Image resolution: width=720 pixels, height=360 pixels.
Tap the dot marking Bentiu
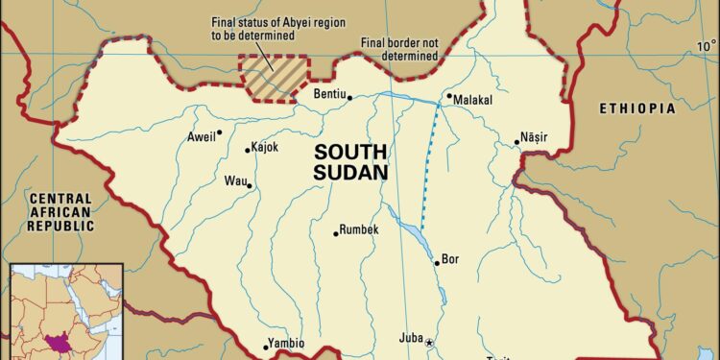(349, 96)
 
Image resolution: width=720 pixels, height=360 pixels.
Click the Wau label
(234, 180)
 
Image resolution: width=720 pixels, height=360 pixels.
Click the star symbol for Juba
(430, 343)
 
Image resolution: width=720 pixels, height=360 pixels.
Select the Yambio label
(285, 343)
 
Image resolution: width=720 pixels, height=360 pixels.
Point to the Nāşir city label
(533, 138)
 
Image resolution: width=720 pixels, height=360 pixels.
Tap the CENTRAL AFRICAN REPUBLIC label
(60, 212)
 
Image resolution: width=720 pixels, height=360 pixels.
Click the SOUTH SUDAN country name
(350, 162)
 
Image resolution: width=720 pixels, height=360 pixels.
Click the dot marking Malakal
(448, 97)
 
